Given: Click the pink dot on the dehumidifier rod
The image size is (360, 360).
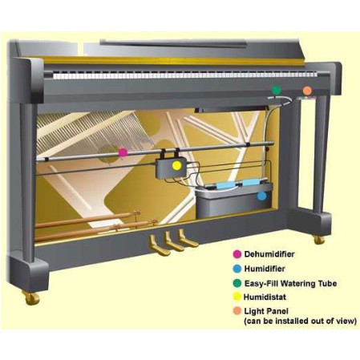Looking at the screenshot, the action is [x=123, y=152].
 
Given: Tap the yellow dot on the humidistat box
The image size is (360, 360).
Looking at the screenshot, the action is [x=176, y=166].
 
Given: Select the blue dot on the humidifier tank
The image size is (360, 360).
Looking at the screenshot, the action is [x=261, y=196].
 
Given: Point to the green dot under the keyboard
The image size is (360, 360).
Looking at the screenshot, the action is [x=277, y=90].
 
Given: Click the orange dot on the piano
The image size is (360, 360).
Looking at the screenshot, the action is [x=307, y=91].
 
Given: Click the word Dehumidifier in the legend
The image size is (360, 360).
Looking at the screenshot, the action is [x=269, y=254].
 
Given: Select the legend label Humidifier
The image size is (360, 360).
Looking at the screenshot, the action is [x=265, y=269].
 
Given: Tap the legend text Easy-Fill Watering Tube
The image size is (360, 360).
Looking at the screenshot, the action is [x=290, y=283].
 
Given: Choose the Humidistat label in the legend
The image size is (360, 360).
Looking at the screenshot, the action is [x=265, y=297].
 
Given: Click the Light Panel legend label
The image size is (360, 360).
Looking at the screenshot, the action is [x=266, y=311].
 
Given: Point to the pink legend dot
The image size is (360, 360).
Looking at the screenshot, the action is [x=237, y=254].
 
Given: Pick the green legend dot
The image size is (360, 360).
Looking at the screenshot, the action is [x=237, y=283].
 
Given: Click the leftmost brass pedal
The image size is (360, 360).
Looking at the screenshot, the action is [x=159, y=245].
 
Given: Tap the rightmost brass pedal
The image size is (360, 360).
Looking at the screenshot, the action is [x=188, y=238].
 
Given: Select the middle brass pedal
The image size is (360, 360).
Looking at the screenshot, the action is [x=173, y=241].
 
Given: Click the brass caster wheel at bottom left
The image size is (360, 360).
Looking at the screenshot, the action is [x=31, y=297].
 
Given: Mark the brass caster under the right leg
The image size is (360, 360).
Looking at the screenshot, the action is [x=319, y=240].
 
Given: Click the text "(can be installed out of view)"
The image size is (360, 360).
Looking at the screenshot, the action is [x=300, y=321].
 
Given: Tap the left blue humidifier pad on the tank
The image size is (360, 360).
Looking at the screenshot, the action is [x=225, y=185].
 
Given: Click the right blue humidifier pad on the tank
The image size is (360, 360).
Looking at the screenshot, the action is [x=251, y=182].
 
